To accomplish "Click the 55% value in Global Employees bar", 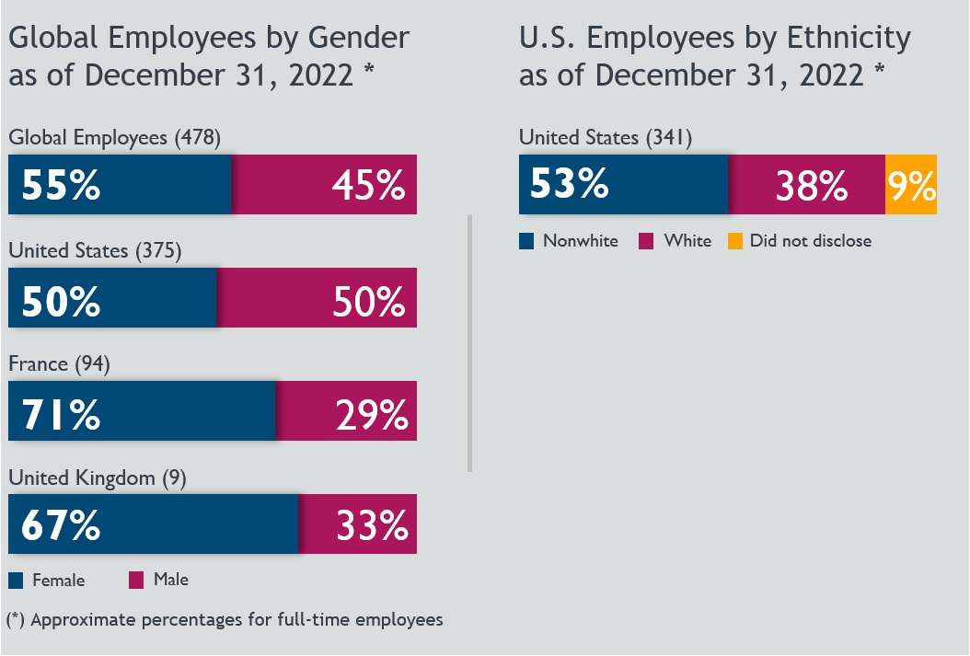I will [61, 185].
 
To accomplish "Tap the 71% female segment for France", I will [142, 411].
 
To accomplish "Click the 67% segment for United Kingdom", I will [154, 524].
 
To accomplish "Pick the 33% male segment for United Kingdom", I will [358, 524].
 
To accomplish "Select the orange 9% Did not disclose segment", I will [911, 185].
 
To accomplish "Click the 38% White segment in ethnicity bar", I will [807, 185].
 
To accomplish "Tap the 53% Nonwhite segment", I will [624, 185].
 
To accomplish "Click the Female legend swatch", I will [16, 581].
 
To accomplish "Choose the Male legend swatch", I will [136, 581].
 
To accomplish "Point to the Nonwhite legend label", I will [580, 241].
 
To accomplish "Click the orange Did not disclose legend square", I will [734, 241].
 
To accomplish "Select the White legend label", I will [687, 241].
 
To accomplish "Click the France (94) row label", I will [59, 364].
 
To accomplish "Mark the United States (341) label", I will [605, 138].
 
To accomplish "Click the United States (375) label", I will [94, 250].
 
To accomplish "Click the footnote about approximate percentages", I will [225, 619].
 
